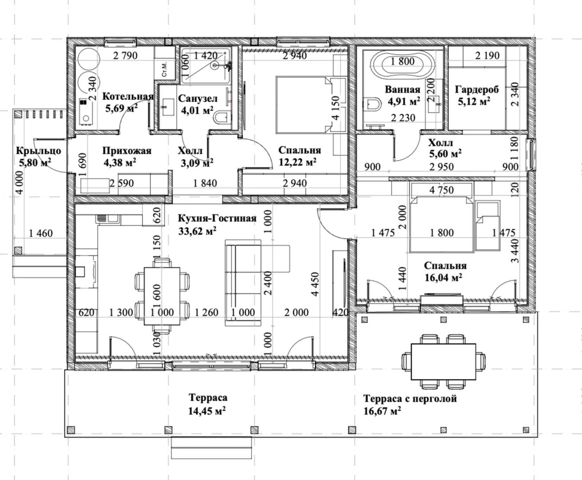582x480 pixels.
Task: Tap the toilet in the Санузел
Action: coord(222,117)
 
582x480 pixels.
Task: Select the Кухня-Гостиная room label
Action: coord(217,218)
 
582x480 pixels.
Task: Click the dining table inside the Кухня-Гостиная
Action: coord(162,296)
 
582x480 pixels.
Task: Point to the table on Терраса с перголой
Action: coord(443,362)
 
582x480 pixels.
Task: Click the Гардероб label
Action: coord(477,90)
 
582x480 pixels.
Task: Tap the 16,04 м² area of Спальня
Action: coord(443,278)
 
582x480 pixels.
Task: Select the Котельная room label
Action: coord(128,96)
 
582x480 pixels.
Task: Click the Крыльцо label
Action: coord(39,151)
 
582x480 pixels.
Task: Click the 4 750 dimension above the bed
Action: coord(442,190)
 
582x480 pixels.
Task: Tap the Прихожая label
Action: coord(127,151)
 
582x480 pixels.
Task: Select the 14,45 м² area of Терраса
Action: coord(207,411)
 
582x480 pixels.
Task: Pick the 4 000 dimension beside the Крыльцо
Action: coord(20,183)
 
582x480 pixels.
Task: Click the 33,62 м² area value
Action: coord(198,231)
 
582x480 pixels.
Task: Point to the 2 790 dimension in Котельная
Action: coord(126,56)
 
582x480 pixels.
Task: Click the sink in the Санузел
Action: coord(168,107)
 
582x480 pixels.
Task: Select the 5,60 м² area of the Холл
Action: coord(445,153)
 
